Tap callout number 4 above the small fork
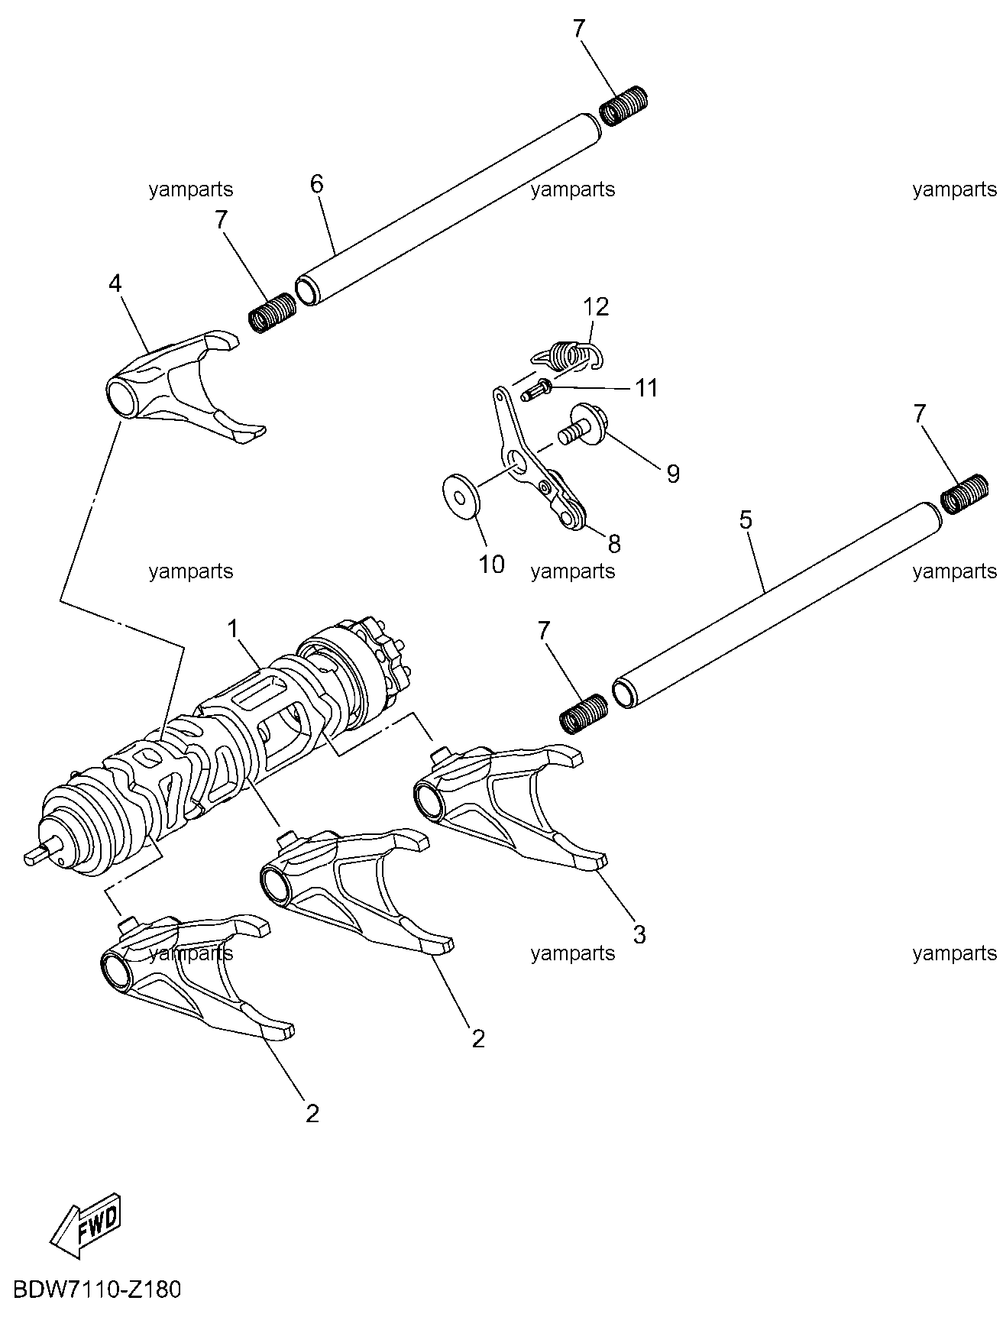[115, 284]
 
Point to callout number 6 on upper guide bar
[316, 184]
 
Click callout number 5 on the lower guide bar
[746, 521]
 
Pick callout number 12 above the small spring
[596, 308]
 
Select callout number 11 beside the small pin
[646, 388]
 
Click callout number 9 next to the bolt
[672, 474]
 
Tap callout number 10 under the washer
[492, 565]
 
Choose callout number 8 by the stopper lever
[614, 543]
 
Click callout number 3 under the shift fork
[639, 934]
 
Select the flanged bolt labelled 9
[584, 425]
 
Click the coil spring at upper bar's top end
[623, 105]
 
